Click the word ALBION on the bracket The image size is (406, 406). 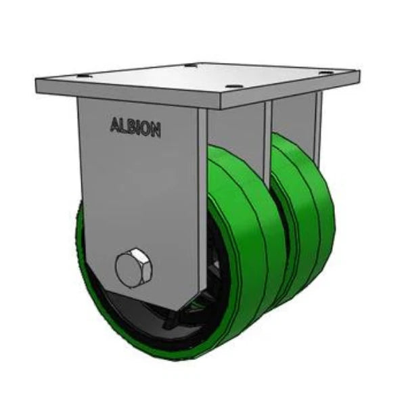[x=135, y=127]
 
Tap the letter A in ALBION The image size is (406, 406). [x=114, y=124]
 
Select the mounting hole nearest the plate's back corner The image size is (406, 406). [x=193, y=66]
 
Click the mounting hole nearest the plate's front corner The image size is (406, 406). [x=234, y=87]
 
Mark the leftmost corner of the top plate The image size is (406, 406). [x=37, y=81]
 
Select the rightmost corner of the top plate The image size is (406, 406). [x=359, y=70]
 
